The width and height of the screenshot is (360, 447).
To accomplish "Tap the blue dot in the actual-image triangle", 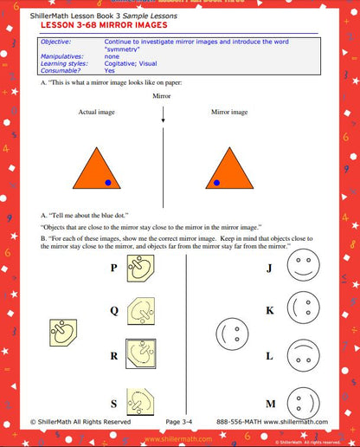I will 107,183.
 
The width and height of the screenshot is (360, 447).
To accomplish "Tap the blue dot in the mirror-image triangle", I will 216,183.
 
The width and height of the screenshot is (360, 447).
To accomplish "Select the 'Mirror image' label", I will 229,113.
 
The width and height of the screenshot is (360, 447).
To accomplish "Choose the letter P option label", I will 113,269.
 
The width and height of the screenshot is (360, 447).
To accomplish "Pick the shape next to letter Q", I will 140,310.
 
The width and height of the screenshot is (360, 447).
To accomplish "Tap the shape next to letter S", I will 140,400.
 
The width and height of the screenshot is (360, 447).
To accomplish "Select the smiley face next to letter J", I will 299,267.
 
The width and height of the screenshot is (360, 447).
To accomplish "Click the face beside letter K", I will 299,309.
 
